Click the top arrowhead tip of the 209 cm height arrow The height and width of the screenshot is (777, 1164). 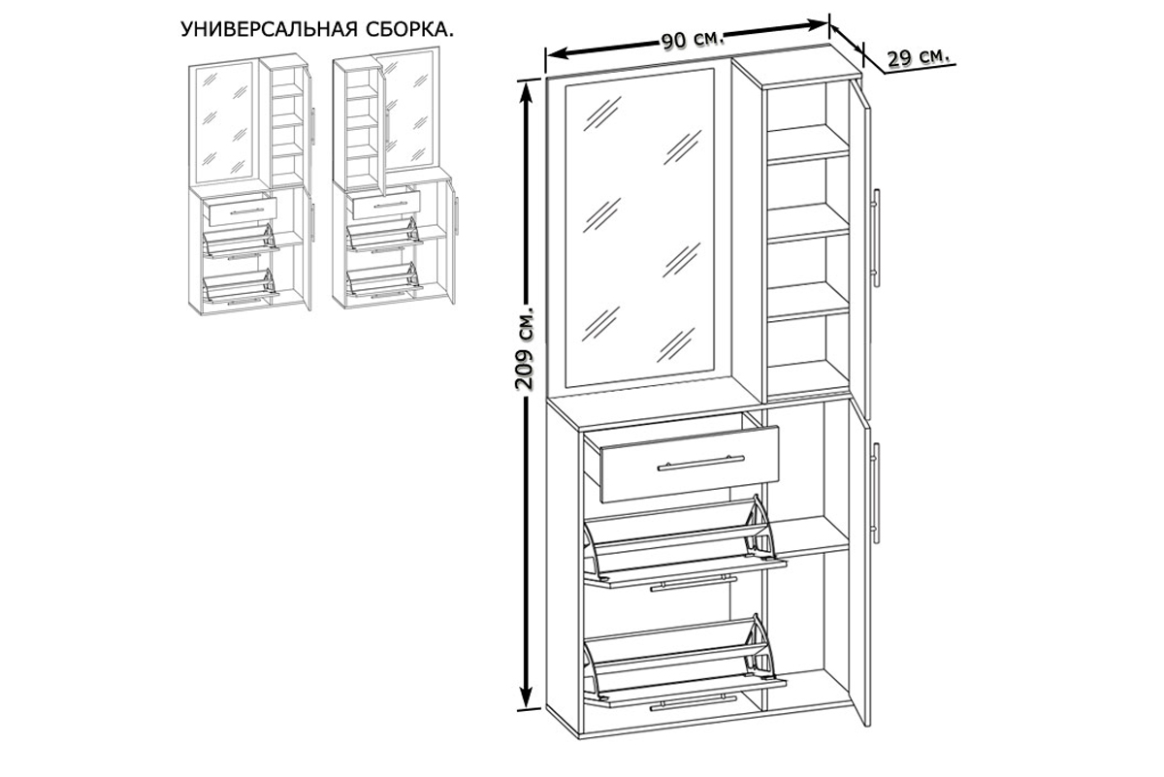coord(527,81)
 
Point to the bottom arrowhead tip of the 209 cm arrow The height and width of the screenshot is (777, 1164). coord(527,707)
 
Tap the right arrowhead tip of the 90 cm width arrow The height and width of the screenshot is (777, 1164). coord(827,22)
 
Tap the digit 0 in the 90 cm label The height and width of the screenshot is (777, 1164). coord(679,41)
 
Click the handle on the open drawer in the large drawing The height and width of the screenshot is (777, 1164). coord(701,463)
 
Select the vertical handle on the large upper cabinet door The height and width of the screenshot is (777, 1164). coord(876,238)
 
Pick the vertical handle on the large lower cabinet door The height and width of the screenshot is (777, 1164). coord(876,493)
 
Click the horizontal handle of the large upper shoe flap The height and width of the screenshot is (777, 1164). coord(694,583)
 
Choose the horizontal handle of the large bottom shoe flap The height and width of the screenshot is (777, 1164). coord(694,702)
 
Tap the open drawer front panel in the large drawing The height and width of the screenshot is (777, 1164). coord(690,464)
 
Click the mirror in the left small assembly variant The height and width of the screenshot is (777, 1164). coord(224,122)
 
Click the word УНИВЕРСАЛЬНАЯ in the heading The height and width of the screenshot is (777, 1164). coord(270,30)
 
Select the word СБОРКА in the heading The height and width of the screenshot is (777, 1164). coord(407,30)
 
